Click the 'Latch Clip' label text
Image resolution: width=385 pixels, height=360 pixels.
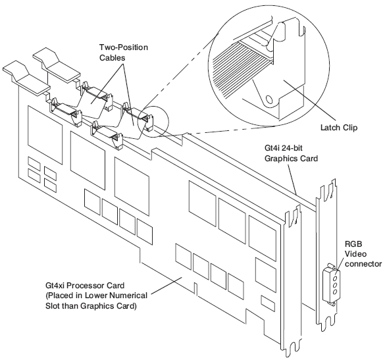tap(339, 128)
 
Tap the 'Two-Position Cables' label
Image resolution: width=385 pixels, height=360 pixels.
tap(124, 52)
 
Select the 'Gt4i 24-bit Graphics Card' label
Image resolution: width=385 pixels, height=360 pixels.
tap(291, 153)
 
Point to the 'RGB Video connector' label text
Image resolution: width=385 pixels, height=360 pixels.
tap(363, 254)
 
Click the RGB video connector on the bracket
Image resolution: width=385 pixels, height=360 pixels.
tap(332, 285)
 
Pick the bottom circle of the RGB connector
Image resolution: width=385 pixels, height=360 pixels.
tap(335, 292)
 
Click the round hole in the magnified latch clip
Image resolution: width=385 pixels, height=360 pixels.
tap(269, 99)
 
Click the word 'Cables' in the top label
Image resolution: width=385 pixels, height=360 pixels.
tap(113, 58)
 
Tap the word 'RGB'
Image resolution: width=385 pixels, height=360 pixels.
tap(353, 244)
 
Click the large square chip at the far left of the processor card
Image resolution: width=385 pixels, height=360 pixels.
tap(45, 134)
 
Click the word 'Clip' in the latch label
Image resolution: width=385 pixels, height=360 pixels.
tap(349, 128)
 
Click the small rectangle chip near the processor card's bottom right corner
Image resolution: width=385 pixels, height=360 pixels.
tap(268, 303)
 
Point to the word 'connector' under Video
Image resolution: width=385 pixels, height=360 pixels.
tap(363, 264)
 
